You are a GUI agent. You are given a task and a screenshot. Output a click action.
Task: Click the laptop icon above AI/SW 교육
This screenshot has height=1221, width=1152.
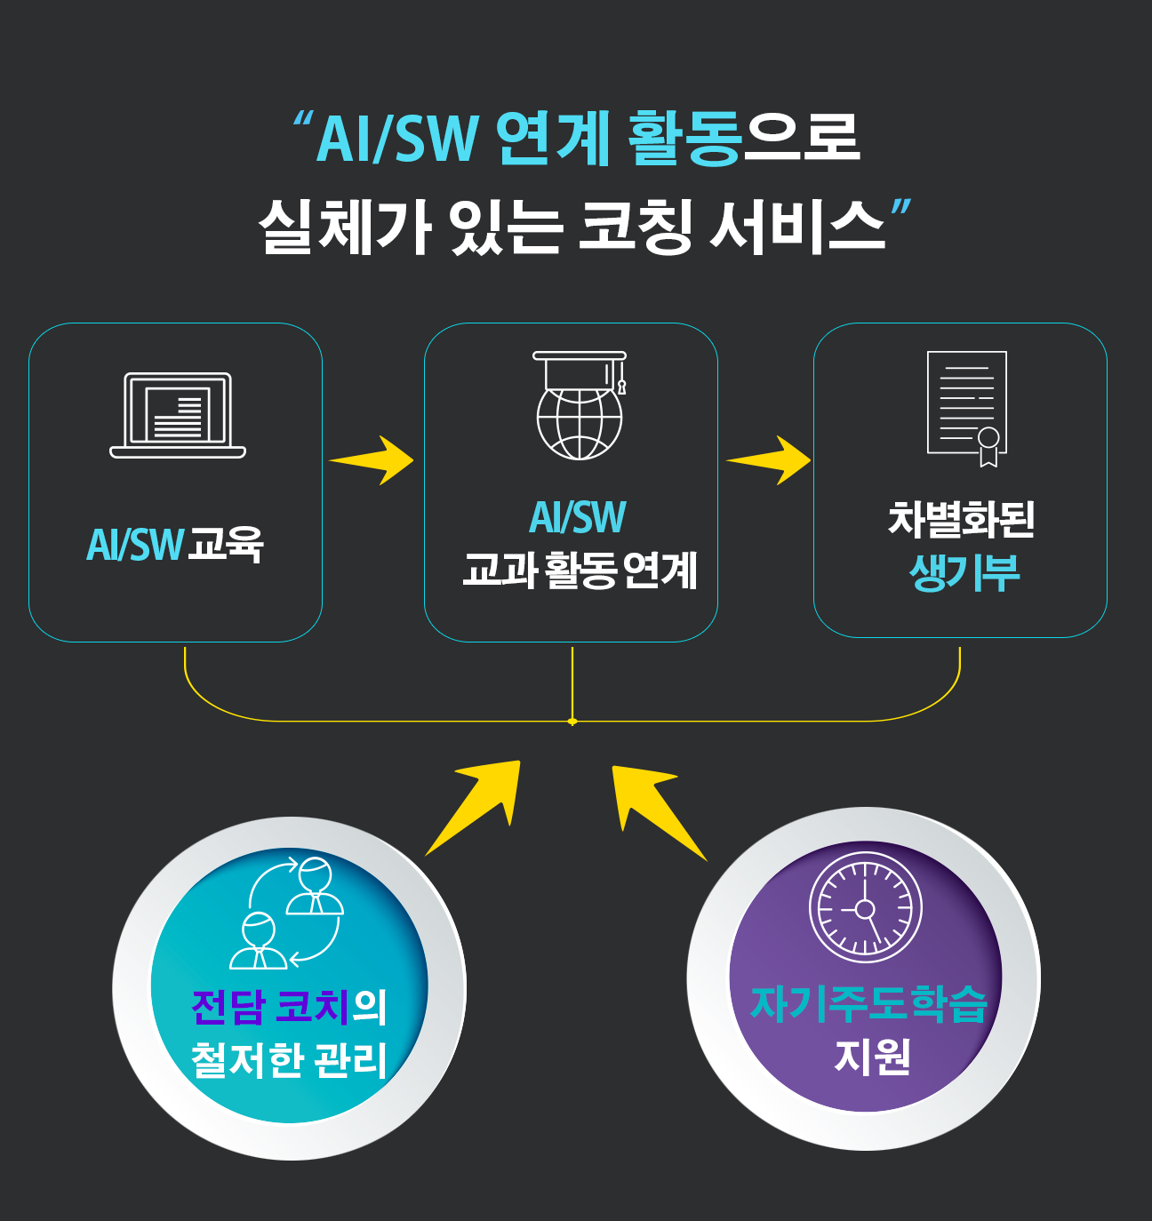point(178,415)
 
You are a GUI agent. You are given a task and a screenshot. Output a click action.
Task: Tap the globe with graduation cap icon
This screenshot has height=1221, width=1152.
point(580,406)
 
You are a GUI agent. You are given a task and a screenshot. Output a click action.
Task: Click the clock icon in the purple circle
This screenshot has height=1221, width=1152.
point(865,907)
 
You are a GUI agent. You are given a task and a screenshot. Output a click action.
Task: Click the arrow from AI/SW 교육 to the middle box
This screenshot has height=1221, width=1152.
point(373,460)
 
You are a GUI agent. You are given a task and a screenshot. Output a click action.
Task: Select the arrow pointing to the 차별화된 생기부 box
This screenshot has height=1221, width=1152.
point(771,460)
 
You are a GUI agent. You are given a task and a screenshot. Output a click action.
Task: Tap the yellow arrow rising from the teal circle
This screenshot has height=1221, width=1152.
point(477,803)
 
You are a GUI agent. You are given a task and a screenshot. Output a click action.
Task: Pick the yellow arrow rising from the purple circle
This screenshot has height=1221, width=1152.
point(655,807)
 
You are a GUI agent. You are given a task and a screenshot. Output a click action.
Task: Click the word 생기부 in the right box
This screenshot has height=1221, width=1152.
point(964,572)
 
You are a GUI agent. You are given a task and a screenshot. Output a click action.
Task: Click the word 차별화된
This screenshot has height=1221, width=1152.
point(961,520)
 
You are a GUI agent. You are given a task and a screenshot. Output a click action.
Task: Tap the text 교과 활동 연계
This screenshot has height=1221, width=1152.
point(580,571)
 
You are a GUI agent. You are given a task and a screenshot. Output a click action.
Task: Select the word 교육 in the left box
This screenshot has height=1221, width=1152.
point(226,544)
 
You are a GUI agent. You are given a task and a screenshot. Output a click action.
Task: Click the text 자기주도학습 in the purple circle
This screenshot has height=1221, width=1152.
point(868,1004)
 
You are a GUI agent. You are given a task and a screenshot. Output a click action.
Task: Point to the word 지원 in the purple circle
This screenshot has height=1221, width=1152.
point(872,1057)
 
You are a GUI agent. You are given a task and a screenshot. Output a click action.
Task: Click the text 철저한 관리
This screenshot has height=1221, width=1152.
point(289,1059)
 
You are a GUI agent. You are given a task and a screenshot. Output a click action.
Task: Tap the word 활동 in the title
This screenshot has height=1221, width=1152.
point(684,140)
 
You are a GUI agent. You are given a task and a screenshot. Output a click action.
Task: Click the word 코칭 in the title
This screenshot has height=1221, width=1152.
point(635,226)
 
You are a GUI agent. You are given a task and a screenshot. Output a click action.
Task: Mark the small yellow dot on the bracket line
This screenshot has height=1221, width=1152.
point(572,721)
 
